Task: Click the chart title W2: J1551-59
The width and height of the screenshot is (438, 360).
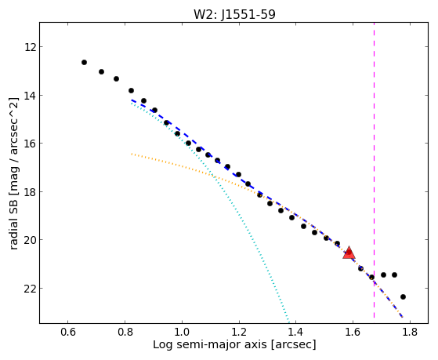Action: tap(234, 14)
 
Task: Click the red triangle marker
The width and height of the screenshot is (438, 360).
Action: tap(349, 253)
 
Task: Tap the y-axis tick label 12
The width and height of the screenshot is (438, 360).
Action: tap(30, 47)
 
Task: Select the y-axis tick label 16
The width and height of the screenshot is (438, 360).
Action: tap(30, 144)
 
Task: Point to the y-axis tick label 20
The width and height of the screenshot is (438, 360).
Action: tap(30, 240)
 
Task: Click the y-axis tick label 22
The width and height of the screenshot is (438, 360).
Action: tap(30, 289)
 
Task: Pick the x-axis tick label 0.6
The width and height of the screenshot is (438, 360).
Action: tap(68, 333)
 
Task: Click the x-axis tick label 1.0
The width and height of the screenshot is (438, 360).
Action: tap(182, 333)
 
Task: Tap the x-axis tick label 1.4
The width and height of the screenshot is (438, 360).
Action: tap(296, 333)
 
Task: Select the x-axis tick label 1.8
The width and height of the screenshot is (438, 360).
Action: tap(410, 333)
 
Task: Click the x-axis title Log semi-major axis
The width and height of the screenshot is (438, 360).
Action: tap(209, 345)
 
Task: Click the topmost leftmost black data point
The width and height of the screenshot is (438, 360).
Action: tap(84, 63)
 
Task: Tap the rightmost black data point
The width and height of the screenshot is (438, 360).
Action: tap(403, 296)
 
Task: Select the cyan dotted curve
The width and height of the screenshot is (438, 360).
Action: tap(217, 184)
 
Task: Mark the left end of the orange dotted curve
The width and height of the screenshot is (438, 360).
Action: tap(132, 154)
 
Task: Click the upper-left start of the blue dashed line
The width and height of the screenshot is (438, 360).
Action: tap(132, 100)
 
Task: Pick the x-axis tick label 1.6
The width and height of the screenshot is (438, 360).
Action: tap(353, 333)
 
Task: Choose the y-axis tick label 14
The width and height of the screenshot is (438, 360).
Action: tap(30, 96)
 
